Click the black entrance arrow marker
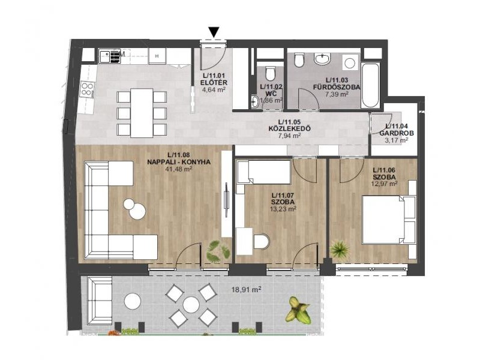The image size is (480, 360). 214,32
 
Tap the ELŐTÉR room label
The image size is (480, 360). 214,83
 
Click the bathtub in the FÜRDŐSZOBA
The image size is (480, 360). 370,85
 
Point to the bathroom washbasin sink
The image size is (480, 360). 322,59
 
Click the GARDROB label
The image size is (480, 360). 397,133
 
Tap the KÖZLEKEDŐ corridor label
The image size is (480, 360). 289,128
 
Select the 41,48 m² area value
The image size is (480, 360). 178,169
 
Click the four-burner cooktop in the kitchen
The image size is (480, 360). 87,89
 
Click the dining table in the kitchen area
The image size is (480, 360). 142,113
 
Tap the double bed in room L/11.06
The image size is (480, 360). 389,220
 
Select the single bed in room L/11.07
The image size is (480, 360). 264,172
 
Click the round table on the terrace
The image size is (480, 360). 191,305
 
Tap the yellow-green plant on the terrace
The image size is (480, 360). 298,309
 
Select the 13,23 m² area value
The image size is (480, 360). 283,209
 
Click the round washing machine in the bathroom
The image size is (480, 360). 350,63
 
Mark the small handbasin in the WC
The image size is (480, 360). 254,101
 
